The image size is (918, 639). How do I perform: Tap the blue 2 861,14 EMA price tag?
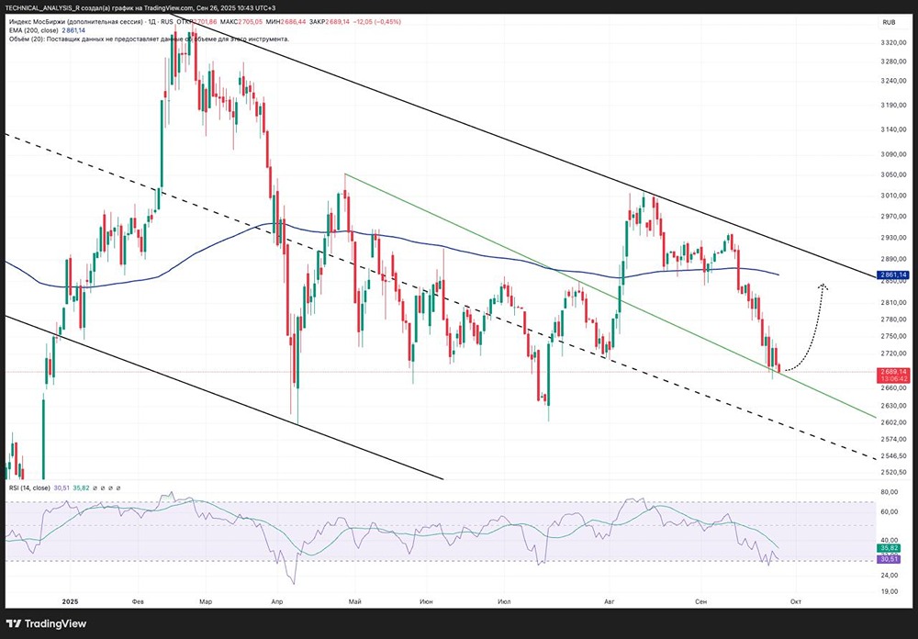[x=893, y=275]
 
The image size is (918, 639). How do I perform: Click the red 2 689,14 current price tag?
[x=893, y=371]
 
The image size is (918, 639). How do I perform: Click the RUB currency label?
[x=890, y=21]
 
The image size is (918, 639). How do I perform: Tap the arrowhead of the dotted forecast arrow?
[x=823, y=286]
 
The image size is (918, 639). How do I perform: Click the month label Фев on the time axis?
[x=139, y=601]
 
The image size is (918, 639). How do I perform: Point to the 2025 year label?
[x=71, y=601]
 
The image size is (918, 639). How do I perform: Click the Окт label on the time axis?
[x=797, y=601]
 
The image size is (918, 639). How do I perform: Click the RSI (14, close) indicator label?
[x=29, y=488]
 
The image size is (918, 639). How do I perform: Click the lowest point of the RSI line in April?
[x=295, y=583]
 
